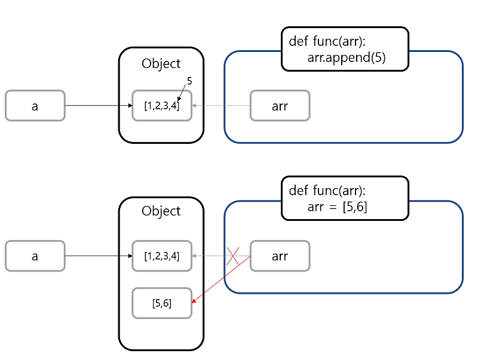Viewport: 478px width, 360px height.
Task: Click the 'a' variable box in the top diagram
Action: pyautogui.click(x=35, y=106)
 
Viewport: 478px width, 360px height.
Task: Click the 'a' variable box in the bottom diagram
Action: pyautogui.click(x=35, y=256)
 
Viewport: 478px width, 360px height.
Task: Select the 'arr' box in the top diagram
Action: pyautogui.click(x=280, y=106)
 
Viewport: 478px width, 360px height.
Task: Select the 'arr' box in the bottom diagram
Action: pyautogui.click(x=280, y=256)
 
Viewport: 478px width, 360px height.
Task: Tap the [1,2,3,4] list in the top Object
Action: pyautogui.click(x=161, y=106)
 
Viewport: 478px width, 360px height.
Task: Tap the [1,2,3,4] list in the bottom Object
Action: pyautogui.click(x=161, y=256)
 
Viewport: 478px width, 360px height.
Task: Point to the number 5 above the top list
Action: pyautogui.click(x=189, y=80)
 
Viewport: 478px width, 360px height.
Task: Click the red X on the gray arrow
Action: pyautogui.click(x=233, y=256)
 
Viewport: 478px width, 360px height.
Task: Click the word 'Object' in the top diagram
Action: pyautogui.click(x=161, y=63)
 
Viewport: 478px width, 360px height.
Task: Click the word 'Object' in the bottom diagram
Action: pyautogui.click(x=161, y=211)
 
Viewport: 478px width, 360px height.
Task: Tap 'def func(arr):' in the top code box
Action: pyautogui.click(x=327, y=41)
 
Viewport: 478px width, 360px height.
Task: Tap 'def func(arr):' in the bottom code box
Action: pyautogui.click(x=327, y=190)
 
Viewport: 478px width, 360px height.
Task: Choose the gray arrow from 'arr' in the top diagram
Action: pyautogui.click(x=221, y=106)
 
